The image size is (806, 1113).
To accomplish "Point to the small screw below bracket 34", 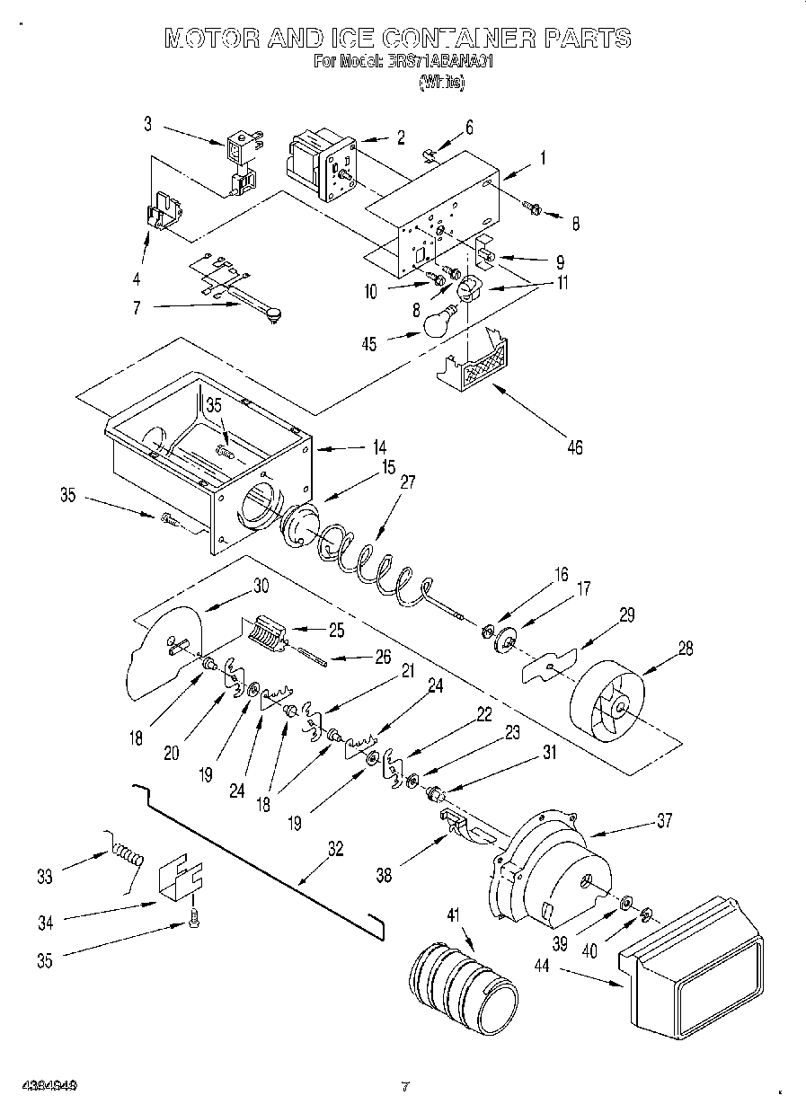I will [x=193, y=917].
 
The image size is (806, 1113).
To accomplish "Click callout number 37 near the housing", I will [x=664, y=819].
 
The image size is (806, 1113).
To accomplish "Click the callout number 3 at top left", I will [x=148, y=125].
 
